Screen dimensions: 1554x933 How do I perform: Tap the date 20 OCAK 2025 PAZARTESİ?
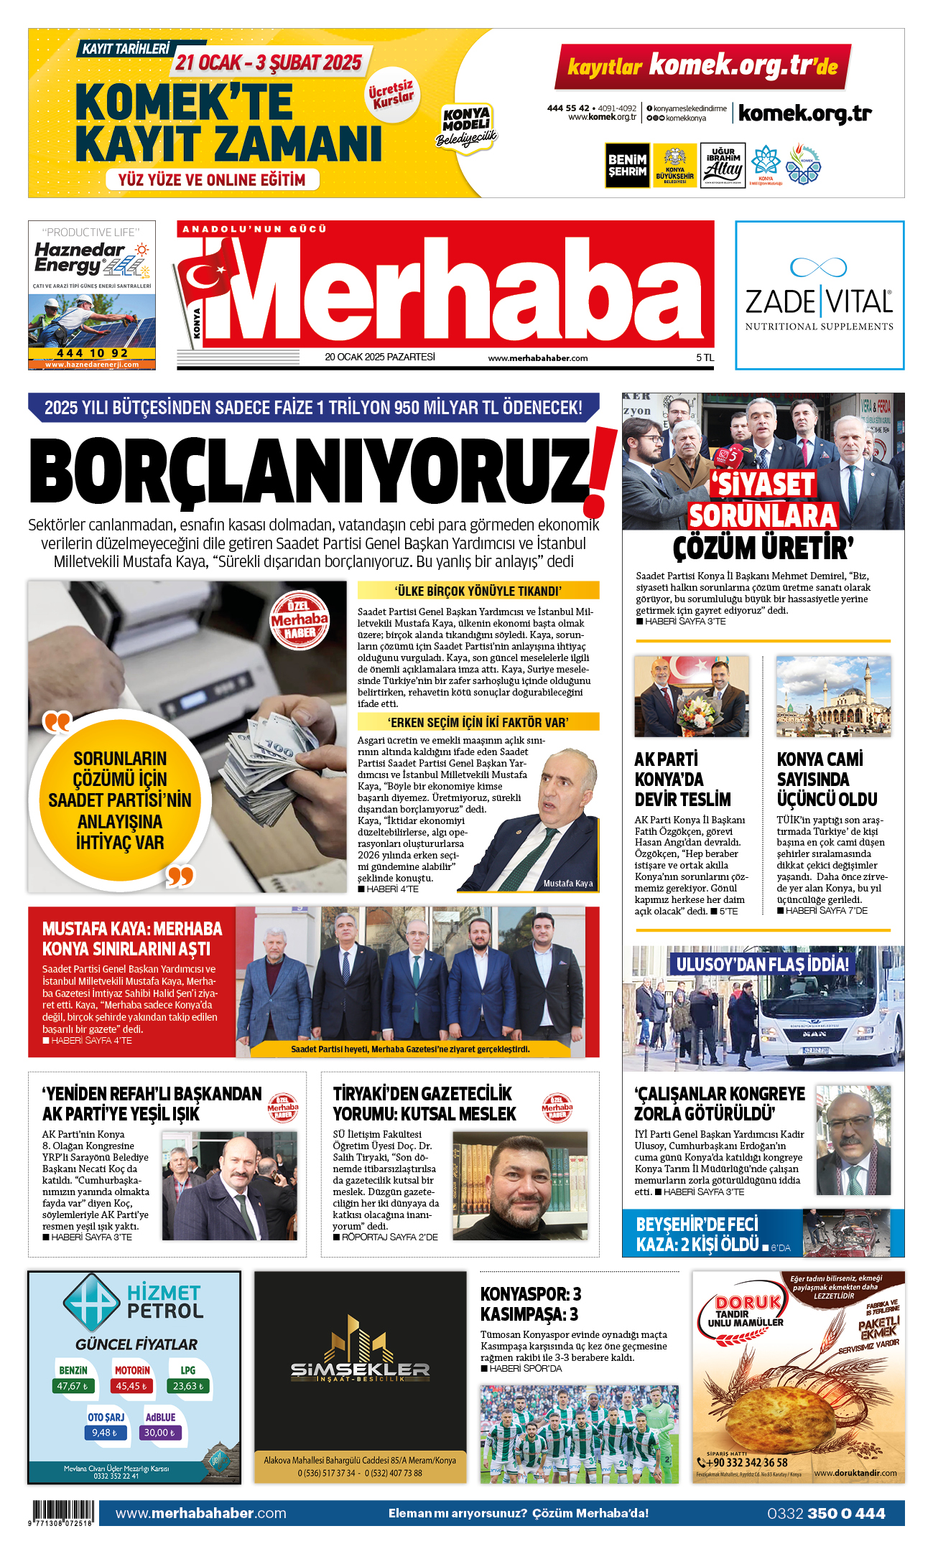(x=379, y=357)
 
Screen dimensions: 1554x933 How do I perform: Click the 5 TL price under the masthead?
(x=705, y=357)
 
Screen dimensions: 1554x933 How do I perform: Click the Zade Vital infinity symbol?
(x=818, y=267)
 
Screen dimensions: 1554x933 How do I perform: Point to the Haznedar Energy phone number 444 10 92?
(x=92, y=353)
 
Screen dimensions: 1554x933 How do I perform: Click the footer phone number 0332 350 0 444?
(x=825, y=1513)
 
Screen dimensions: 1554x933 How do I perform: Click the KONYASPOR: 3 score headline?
(x=531, y=1294)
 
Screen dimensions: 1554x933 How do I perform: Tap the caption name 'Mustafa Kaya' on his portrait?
(x=567, y=884)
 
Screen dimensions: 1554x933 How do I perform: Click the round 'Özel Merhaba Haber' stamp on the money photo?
(x=300, y=619)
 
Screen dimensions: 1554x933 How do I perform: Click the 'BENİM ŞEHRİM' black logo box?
(x=627, y=166)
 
